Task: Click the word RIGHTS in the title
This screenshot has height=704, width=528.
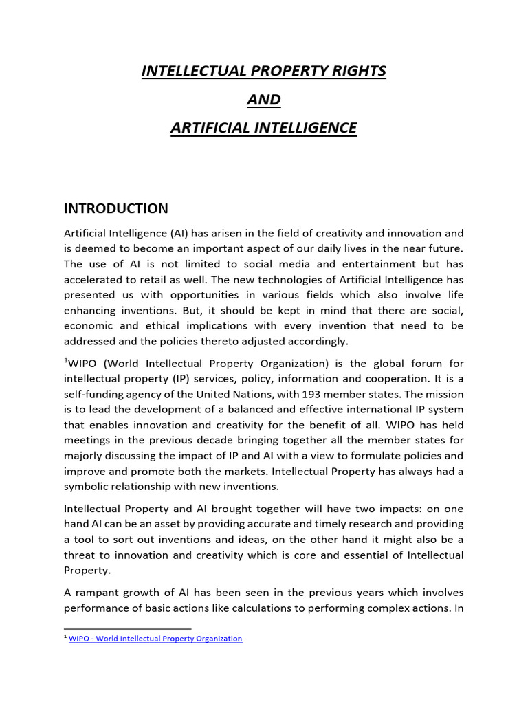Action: tap(350, 71)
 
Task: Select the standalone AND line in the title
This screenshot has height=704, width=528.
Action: tap(264, 100)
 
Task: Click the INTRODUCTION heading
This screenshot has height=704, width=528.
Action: tap(115, 208)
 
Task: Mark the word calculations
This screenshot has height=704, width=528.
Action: tap(260, 608)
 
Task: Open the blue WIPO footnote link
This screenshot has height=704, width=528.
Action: tap(155, 639)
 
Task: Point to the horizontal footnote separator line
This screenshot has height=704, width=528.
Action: tap(127, 628)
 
